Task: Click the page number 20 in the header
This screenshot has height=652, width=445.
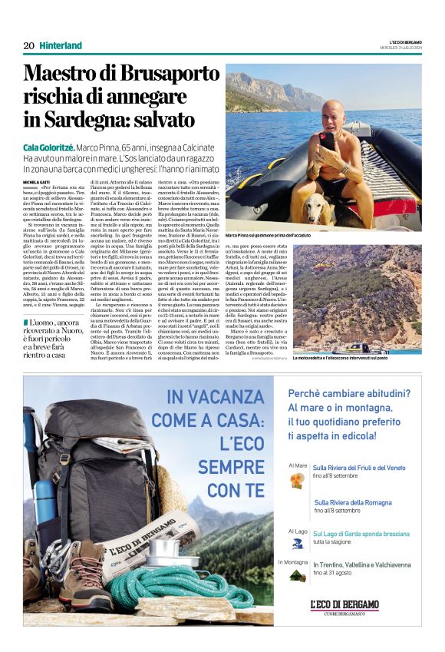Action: coord(28,46)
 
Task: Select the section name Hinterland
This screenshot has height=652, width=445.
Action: coord(61,46)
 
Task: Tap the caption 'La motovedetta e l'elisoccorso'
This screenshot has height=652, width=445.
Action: coord(357,359)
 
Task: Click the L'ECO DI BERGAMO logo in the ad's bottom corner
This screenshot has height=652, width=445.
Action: coord(344,604)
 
